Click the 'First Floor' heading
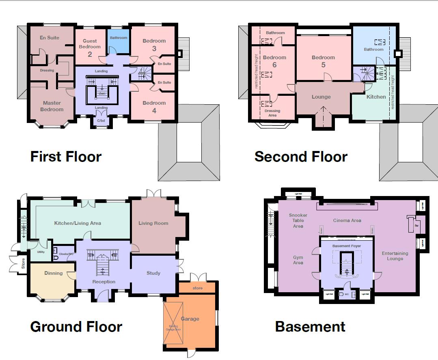point(66,156)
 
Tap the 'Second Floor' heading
point(301,156)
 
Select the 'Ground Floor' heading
point(76,326)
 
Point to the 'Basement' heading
point(310,326)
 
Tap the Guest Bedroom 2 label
point(90,47)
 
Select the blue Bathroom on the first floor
point(119,38)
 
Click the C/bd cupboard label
point(101,121)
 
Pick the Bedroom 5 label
point(324,61)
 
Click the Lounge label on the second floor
point(321,97)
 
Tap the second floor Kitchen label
point(376,97)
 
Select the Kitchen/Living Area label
point(78,223)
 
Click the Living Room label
point(153,223)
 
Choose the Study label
point(153,273)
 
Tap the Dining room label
point(53,273)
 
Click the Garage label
point(190,319)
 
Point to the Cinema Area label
point(347,220)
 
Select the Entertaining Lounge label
point(395,256)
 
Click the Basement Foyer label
point(346,246)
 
